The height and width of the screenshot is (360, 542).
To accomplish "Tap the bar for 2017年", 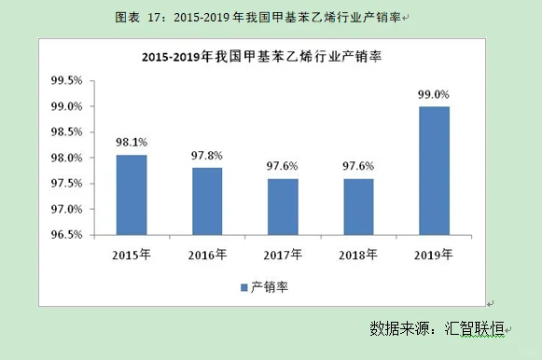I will tap(283, 206).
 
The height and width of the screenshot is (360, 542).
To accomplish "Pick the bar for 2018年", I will tap(358, 206).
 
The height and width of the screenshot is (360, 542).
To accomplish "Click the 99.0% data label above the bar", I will tap(434, 95).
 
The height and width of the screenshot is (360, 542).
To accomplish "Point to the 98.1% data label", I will tap(132, 143).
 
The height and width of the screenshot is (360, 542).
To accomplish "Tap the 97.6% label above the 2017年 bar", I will tap(283, 166).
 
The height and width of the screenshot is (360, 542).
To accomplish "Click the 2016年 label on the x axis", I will tap(207, 254).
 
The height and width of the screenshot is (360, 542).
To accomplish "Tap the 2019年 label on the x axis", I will tap(434, 254).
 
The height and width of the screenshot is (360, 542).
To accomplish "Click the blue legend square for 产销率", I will tap(243, 287).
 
